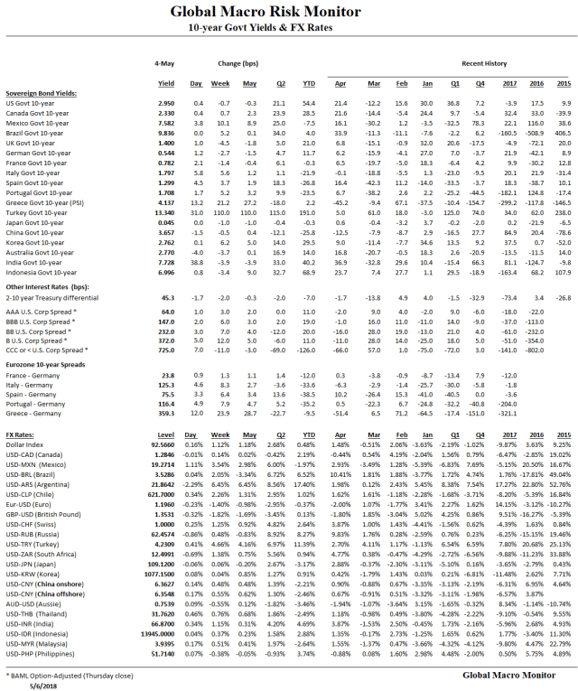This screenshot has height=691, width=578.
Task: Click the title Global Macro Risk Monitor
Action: click(288, 13)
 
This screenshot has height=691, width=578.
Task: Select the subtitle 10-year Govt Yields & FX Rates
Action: click(288, 29)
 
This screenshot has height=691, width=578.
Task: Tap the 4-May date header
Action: click(164, 64)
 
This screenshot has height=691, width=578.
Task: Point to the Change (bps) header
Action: click(238, 64)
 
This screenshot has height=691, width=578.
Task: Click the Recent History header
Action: click(483, 64)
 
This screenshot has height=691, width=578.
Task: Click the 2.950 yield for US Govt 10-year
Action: click(166, 104)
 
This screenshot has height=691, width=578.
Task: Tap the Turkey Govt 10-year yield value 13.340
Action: click(164, 211)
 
